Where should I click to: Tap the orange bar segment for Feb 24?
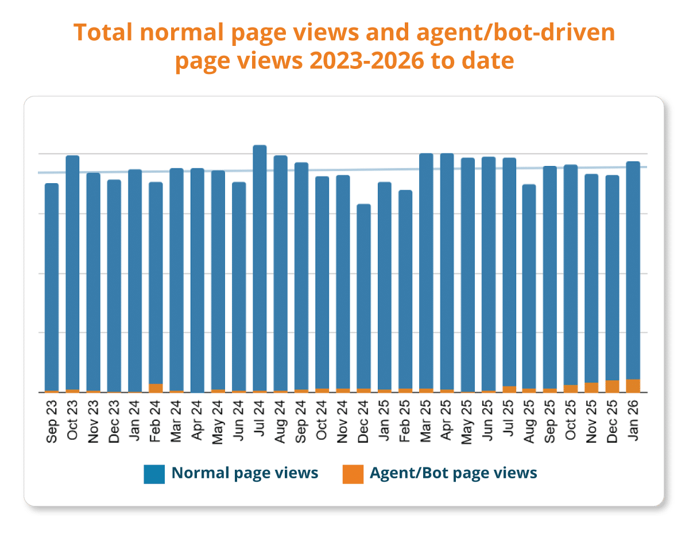156,388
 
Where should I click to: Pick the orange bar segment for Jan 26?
633,386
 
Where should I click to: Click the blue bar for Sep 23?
52,287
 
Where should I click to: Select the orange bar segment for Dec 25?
612,386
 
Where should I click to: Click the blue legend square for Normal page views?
154,474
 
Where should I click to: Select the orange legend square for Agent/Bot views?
353,474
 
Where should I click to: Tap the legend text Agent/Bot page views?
454,473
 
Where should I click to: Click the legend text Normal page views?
245,473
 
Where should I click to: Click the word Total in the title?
107,33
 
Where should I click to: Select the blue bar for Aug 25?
529,287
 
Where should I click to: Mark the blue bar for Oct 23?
73,273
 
